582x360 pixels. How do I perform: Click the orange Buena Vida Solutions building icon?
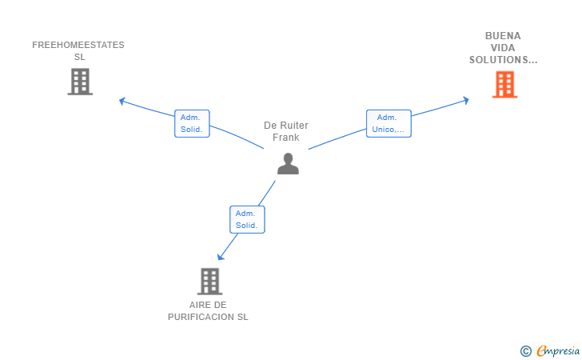[x=504, y=84]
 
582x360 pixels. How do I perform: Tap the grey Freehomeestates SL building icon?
[x=80, y=82]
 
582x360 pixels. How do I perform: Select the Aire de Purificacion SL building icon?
[x=209, y=281]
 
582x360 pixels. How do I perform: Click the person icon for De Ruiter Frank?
[x=287, y=163]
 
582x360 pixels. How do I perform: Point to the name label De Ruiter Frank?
[x=286, y=131]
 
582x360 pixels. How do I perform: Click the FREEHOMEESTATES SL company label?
[x=78, y=50]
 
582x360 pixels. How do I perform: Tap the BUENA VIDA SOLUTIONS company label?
[x=503, y=48]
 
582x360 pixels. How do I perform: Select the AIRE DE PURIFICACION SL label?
[x=208, y=310]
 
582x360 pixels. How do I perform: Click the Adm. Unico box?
[x=389, y=123]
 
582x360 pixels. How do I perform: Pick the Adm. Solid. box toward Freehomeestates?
[x=192, y=123]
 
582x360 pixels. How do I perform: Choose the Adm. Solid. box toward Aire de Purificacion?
[x=247, y=219]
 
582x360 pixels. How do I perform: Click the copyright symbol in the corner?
[x=525, y=350]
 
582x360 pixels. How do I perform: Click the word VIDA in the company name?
[x=503, y=48]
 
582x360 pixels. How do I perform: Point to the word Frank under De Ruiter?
[x=286, y=138]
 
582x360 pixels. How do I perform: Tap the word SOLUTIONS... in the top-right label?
[x=503, y=60]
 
